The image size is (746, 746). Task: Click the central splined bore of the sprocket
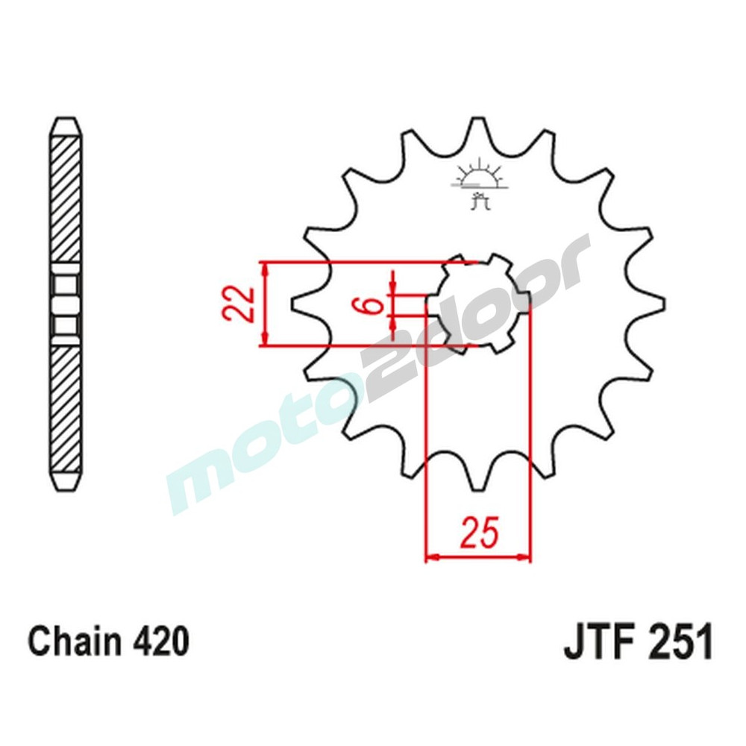[477, 304]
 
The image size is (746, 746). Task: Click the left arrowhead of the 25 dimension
[430, 557]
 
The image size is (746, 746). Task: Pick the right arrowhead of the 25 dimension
[525, 557]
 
